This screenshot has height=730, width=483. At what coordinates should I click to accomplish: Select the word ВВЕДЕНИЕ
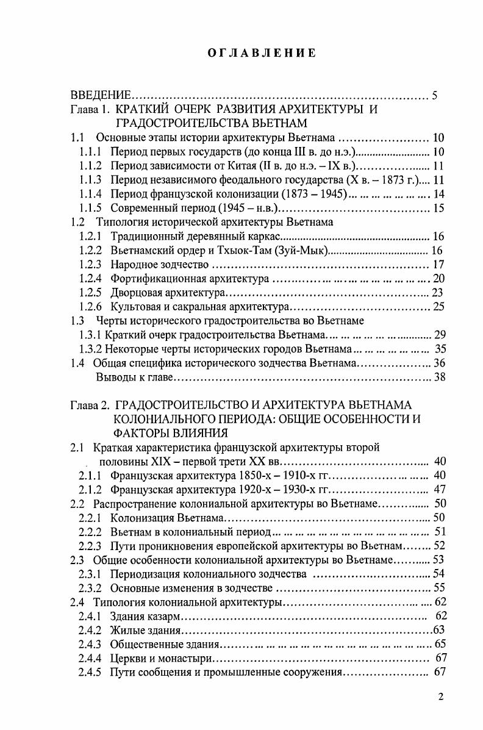click(101, 95)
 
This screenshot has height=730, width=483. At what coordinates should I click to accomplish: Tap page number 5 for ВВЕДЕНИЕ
click(435, 95)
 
